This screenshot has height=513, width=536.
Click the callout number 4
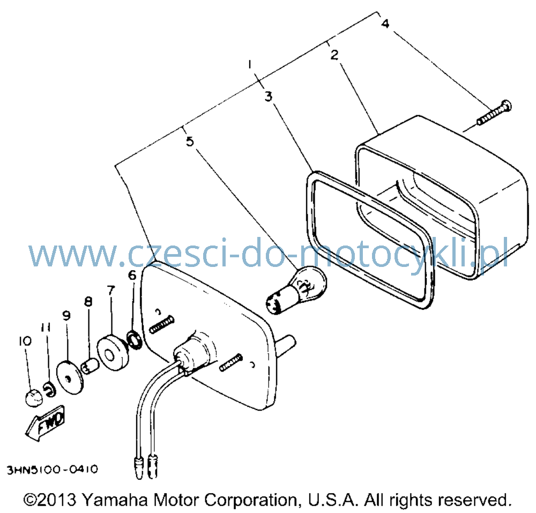[385, 24]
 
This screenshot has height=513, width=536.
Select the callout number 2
[334, 54]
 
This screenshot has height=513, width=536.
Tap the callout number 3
[269, 96]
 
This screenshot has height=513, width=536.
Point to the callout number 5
[190, 141]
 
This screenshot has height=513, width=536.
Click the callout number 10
[25, 341]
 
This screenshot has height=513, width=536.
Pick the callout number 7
[110, 291]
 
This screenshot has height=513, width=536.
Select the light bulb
[296, 291]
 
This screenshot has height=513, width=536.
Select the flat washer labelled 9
[70, 378]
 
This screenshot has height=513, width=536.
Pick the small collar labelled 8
[90, 366]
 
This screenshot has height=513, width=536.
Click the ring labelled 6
[135, 340]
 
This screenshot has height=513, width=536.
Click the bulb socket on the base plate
[192, 352]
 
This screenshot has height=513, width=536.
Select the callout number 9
[66, 315]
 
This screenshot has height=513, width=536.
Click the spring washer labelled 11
[50, 390]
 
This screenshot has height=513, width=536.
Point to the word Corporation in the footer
[250, 501]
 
